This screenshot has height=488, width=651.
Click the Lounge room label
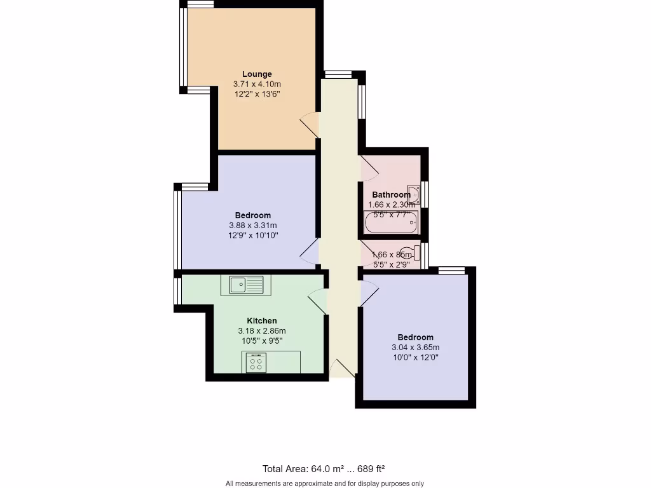click(257, 74)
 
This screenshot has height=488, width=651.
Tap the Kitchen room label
click(262, 321)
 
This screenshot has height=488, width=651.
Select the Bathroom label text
click(391, 194)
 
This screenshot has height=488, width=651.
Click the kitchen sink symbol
click(245, 285)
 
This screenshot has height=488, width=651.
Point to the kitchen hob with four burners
click(257, 363)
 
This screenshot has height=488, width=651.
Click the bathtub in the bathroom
click(391, 223)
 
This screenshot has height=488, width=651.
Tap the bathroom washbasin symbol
click(413, 194)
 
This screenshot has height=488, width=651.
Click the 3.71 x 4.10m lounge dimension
click(257, 84)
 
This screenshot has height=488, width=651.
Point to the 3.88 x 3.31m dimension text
click(253, 226)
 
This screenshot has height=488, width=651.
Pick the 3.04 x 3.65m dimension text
click(415, 348)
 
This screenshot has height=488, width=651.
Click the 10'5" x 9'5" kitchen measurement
click(262, 341)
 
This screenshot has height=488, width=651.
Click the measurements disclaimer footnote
click(325, 484)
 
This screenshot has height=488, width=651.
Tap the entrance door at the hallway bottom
click(343, 369)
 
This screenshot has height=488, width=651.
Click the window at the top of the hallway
click(338, 74)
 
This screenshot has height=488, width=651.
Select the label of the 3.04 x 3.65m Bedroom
click(415, 337)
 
